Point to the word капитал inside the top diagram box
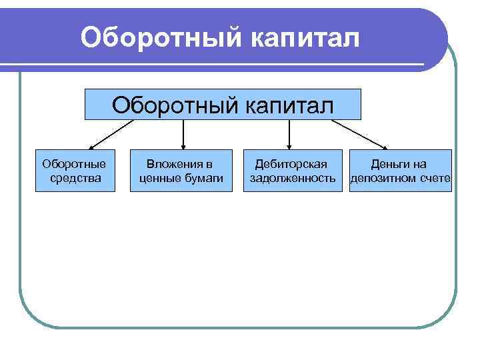pos(287,105)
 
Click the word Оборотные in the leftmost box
pos(74,164)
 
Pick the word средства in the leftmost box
pos(75,178)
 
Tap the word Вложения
pos(175,164)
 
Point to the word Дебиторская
pos(291,164)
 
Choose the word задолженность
pos(292,178)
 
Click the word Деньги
pos(391,164)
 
